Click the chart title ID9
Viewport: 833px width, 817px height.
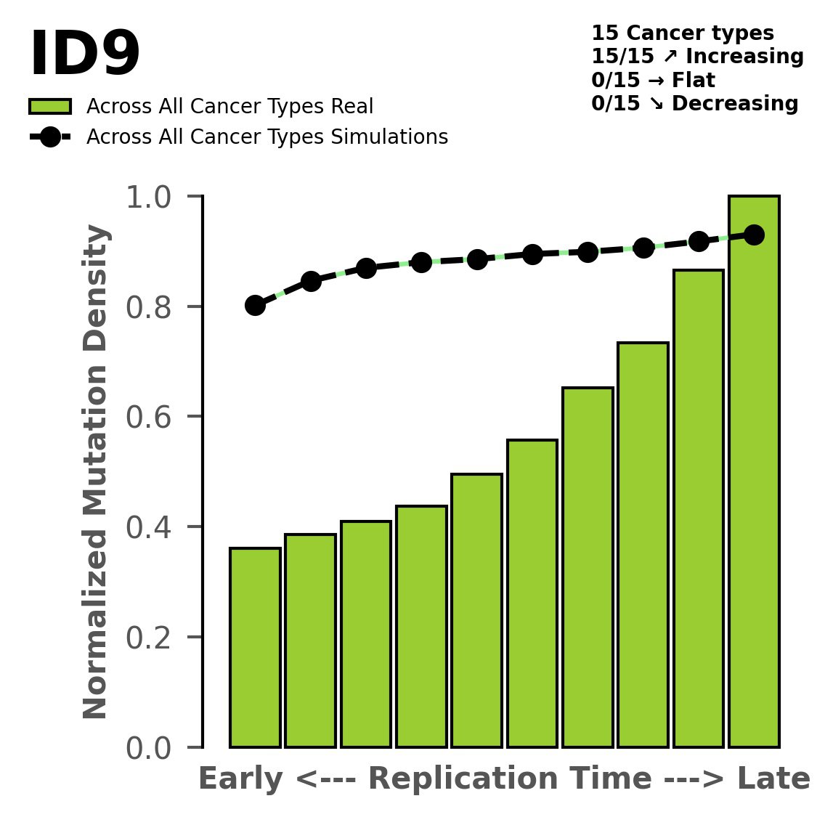tap(84, 55)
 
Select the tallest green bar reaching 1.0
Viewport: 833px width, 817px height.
tap(754, 472)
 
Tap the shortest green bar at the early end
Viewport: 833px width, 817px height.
tap(255, 647)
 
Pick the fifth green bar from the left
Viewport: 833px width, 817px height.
tap(476, 610)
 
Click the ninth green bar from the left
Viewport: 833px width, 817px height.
tap(698, 508)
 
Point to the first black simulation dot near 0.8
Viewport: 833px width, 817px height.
tap(255, 305)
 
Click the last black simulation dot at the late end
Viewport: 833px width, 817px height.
tap(754, 235)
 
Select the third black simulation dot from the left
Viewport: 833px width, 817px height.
tap(366, 268)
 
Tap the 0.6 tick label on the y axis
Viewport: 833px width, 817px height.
tap(153, 417)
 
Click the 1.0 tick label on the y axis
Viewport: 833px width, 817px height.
tap(153, 197)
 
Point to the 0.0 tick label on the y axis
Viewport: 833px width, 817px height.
tap(153, 748)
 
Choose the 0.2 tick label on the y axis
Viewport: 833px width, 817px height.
tap(153, 638)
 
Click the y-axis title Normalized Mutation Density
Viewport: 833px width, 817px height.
tap(96, 472)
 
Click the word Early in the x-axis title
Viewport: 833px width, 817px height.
tap(241, 779)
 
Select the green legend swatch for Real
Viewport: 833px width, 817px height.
tap(50, 107)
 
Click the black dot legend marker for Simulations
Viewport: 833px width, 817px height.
tap(50, 137)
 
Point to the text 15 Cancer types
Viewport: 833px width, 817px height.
tap(682, 33)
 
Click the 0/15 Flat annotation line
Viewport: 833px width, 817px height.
tap(653, 80)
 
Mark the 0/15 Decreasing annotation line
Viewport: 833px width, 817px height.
tap(694, 104)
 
